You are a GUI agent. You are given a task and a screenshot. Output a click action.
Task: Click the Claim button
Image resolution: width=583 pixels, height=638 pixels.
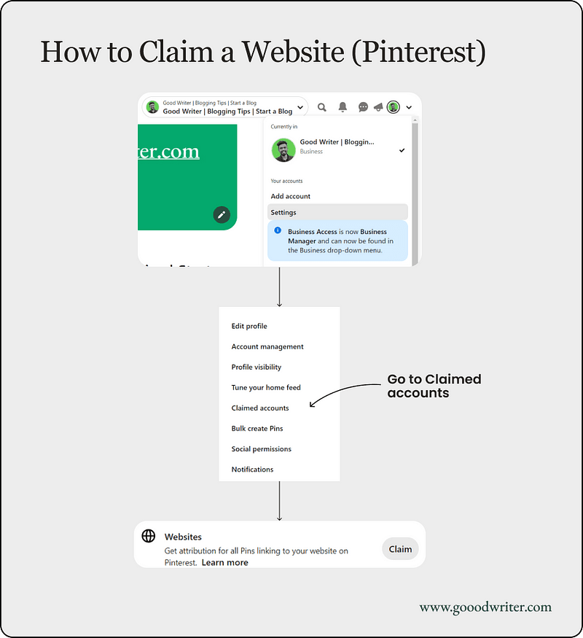tap(400, 549)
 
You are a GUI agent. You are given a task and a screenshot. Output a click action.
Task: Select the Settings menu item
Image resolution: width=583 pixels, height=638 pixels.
tap(283, 212)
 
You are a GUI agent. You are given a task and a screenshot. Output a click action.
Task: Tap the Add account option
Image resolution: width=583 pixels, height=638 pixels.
tap(291, 196)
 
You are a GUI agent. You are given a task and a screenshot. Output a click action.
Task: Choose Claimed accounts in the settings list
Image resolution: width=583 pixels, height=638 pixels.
tap(260, 408)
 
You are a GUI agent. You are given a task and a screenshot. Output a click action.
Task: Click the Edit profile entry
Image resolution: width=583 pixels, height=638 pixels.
tap(249, 327)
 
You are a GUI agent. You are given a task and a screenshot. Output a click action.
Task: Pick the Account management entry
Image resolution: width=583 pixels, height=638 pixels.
tap(267, 347)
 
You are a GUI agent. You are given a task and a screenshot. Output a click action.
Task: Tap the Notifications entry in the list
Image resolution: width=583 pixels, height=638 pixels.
tap(252, 470)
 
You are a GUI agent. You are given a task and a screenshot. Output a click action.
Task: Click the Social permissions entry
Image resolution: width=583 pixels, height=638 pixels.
tap(262, 449)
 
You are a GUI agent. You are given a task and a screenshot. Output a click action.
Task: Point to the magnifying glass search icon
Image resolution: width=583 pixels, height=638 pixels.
tap(322, 107)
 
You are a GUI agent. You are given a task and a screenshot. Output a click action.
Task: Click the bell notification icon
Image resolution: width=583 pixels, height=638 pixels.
tap(343, 107)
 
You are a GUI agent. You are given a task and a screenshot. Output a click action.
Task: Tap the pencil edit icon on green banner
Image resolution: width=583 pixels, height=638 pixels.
tap(222, 214)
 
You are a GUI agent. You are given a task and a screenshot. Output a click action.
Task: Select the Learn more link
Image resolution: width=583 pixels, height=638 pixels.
tap(224, 563)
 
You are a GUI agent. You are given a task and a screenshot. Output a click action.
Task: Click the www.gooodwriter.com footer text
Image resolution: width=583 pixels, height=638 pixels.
tap(485, 607)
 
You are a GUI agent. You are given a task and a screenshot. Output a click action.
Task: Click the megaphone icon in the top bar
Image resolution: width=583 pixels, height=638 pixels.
tap(378, 107)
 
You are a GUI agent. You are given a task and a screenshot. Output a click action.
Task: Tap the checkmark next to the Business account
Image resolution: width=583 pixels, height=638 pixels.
tap(402, 150)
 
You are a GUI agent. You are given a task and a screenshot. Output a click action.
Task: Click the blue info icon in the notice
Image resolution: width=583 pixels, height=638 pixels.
tap(278, 230)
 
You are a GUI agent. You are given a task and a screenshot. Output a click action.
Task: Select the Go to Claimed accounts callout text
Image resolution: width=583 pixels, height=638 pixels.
tap(434, 386)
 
